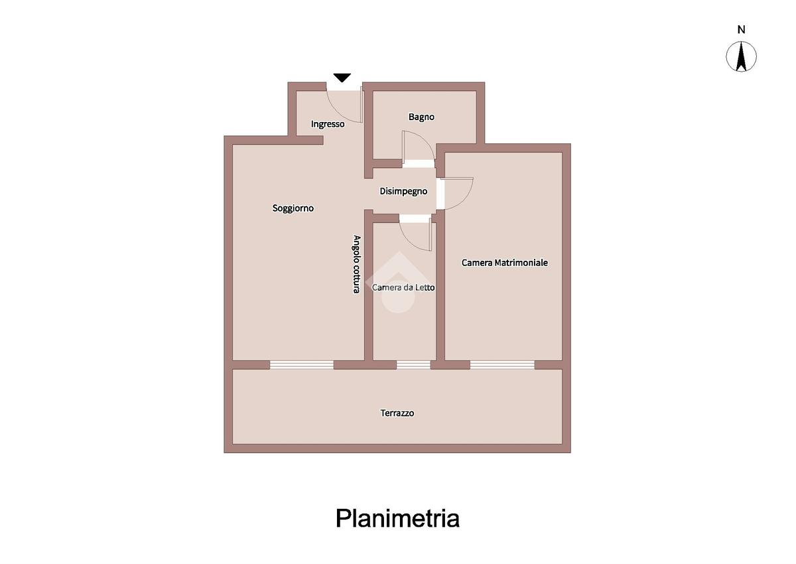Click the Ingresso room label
coord(328,124)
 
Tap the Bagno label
coord(421,117)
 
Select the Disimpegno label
coord(403,191)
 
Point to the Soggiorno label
coord(293,208)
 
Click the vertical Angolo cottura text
coord(356,264)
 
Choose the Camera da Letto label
coord(403,287)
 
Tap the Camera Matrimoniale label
coord(504,263)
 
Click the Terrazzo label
coord(397,413)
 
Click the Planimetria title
coord(397,518)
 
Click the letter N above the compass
coord(742,29)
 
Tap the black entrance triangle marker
coord(342,78)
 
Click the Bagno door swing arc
coord(415,147)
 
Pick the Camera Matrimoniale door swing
coord(458,193)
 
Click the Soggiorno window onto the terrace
coord(302,364)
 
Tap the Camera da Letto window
coord(413,364)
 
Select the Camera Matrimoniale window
coord(502,364)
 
